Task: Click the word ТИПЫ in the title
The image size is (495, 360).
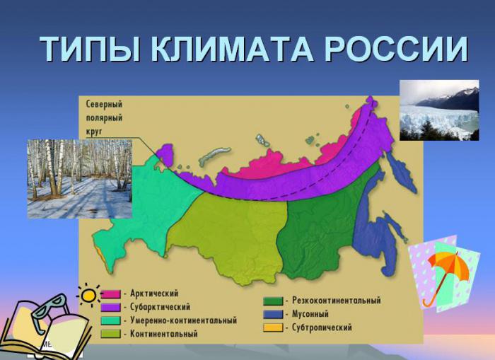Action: [90, 49]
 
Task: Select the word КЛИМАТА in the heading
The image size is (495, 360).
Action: [232, 49]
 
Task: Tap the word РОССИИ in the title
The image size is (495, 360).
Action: [396, 49]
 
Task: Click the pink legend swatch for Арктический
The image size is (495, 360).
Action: [111, 294]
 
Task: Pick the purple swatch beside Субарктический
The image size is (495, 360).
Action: [111, 307]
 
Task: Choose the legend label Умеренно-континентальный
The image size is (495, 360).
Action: [183, 320]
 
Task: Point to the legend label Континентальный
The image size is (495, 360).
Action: [164, 334]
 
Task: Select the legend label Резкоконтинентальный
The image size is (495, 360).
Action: [336, 300]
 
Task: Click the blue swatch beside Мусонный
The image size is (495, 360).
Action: [273, 314]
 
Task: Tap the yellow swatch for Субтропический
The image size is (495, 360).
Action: [273, 327]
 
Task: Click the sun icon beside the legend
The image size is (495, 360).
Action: [88, 295]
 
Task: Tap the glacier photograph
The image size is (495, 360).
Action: [439, 110]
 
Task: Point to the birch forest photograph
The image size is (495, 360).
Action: [79, 179]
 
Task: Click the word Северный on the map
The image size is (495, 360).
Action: [104, 105]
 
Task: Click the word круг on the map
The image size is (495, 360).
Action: [94, 132]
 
